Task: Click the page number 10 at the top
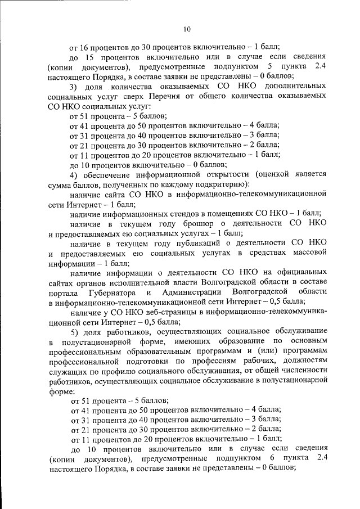click(x=187, y=29)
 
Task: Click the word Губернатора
click(x=111, y=291)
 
